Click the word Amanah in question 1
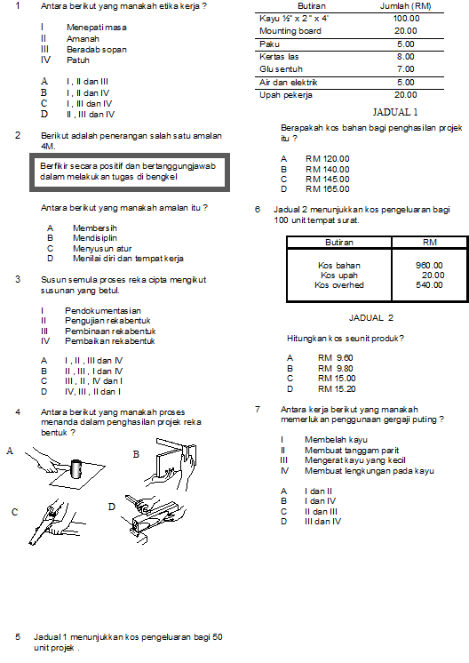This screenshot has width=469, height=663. coord(83,39)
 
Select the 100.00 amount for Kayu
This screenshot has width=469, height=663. coord(406,19)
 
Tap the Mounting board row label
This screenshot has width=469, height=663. coord(290,31)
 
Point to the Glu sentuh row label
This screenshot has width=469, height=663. coord(281,69)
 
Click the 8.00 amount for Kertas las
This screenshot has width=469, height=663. coord(406,57)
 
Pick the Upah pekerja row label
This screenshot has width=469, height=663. coord(286,95)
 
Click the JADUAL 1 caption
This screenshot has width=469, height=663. coord(395,112)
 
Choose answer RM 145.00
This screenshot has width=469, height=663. coord(328,180)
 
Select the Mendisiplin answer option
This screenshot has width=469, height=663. coord(95,238)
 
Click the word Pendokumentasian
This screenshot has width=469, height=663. coord(103,311)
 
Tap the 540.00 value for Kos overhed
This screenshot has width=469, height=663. coord(429,285)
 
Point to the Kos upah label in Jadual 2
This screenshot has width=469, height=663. coord(338,276)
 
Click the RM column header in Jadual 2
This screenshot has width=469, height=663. coord(429,243)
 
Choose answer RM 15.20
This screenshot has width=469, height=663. coord(337,389)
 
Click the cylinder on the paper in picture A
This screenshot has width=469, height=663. coord(76,468)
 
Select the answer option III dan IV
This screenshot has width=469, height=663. coord(322,522)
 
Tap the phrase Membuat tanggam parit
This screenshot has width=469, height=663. coord(352,451)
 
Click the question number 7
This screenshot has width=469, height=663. coord(258,410)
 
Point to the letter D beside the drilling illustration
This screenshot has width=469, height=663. coord(112,507)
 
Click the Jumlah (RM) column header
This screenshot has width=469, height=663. coord(406,6)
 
